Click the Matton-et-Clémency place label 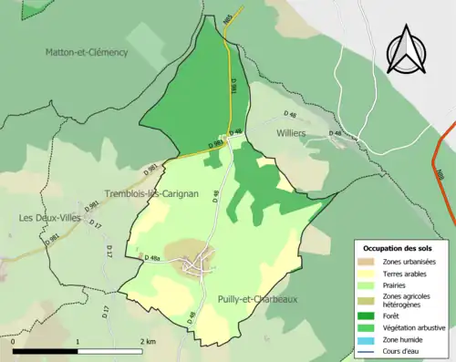[87, 53]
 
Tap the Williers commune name [291, 132]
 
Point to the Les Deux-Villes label [47, 218]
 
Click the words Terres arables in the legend [407, 272]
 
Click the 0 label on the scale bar [14, 341]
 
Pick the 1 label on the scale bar [78, 341]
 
